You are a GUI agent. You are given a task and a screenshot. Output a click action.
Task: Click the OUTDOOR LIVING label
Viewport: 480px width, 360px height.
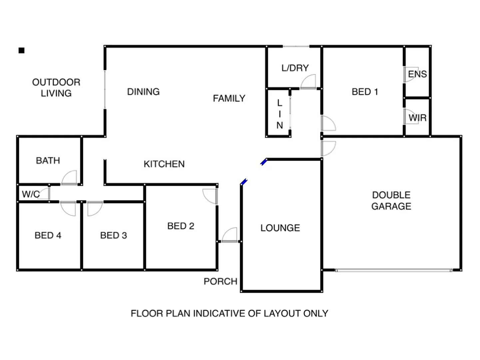click(56, 88)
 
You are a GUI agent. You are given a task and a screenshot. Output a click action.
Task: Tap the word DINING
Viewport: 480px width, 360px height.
click(143, 92)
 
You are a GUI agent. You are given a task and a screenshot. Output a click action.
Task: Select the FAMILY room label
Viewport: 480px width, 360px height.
click(229, 98)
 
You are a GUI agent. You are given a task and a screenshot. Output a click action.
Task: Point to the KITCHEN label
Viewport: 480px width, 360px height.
click(164, 164)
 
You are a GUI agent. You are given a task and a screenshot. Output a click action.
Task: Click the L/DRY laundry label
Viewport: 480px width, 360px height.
click(295, 68)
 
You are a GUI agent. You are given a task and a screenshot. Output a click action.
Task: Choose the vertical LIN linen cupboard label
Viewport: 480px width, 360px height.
click(279, 114)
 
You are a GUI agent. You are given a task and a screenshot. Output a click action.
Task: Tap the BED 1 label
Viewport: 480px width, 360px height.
click(365, 92)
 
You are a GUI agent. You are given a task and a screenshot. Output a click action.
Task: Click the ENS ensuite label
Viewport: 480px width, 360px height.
click(417, 74)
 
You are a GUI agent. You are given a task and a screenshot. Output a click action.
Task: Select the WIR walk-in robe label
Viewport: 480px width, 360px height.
click(417, 118)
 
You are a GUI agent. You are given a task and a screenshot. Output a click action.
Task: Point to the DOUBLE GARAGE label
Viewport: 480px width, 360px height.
click(391, 201)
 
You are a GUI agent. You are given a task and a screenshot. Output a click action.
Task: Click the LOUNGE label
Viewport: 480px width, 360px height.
click(280, 228)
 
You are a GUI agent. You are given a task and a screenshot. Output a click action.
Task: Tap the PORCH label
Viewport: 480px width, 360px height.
click(220, 281)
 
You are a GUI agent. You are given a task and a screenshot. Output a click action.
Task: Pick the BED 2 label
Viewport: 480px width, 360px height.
click(181, 226)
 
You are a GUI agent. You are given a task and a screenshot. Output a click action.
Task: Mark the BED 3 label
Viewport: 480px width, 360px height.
click(113, 235)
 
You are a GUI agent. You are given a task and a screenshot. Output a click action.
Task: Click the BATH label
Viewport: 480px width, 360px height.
click(48, 161)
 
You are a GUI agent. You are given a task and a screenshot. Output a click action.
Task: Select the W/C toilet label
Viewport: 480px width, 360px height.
click(31, 194)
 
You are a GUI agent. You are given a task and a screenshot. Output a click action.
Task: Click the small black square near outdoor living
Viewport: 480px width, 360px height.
click(22, 51)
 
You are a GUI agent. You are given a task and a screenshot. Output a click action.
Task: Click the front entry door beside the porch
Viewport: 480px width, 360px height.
click(230, 235)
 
